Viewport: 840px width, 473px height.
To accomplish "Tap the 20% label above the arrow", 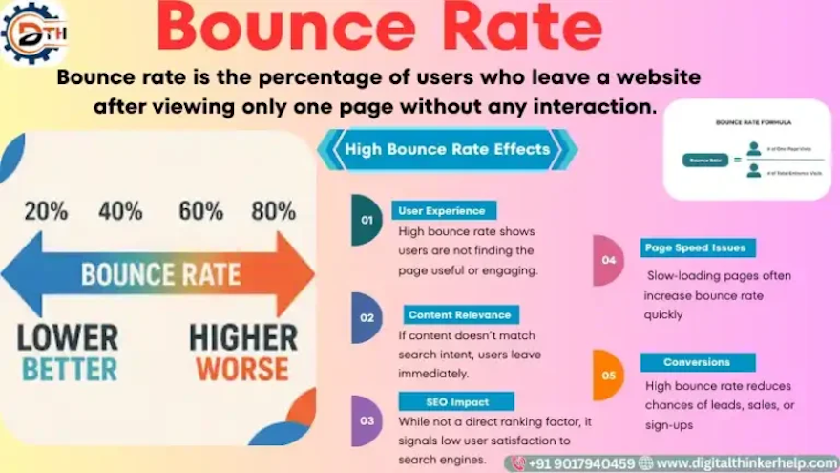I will [x=46, y=211].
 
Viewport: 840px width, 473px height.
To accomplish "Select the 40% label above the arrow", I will [x=120, y=211].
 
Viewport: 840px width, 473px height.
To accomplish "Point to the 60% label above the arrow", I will [x=200, y=211].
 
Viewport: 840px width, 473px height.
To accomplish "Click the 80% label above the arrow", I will [x=273, y=211].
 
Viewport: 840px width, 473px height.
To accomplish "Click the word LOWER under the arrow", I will [x=68, y=337].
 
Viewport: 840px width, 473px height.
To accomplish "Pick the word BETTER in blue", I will [x=69, y=369].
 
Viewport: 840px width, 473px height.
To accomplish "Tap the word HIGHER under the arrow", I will [x=242, y=337].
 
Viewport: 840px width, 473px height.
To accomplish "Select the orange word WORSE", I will [x=242, y=369].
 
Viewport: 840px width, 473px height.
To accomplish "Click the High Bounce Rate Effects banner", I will [x=447, y=149].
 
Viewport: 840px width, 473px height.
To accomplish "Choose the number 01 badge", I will [x=366, y=220].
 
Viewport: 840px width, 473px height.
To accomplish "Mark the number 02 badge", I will [x=367, y=317].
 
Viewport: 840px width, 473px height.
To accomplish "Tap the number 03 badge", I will [x=367, y=420].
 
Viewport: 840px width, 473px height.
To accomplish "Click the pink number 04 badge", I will [x=608, y=260].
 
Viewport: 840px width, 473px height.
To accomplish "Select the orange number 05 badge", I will [x=608, y=375].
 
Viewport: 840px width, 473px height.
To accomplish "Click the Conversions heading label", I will [x=697, y=362].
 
